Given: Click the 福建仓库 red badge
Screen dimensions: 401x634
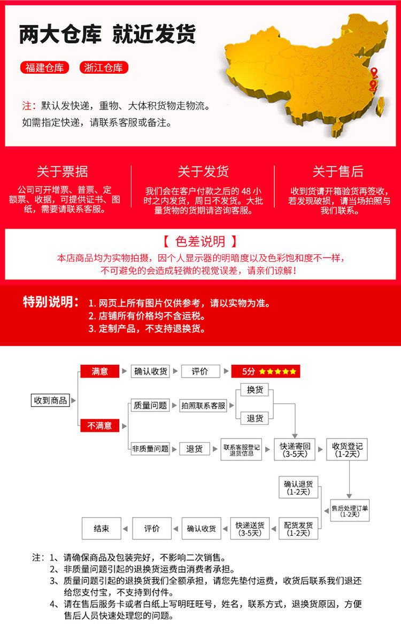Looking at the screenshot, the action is tap(45, 68).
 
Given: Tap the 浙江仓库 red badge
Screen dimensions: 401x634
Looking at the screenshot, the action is tap(104, 68).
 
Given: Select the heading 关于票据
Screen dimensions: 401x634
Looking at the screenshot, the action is tap(63, 171).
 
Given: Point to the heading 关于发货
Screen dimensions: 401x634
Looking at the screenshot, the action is tap(203, 171).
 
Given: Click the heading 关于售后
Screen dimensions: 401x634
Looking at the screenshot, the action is tap(338, 171).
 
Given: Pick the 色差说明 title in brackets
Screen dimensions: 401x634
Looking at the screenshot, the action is tap(200, 241).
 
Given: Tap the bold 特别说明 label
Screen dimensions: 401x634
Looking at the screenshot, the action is tap(51, 302).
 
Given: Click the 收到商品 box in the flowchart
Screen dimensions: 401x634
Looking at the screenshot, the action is tap(51, 400).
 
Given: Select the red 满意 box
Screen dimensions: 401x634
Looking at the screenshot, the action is tap(99, 371).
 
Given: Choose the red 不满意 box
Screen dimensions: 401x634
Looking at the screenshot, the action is tap(99, 426).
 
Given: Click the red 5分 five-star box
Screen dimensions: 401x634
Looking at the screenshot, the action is tap(266, 371).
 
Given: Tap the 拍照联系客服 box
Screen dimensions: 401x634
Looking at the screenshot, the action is tap(203, 405).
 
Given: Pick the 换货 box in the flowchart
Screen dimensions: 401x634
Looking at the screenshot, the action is tap(255, 390).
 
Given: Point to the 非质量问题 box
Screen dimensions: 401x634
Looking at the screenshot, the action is tap(150, 449).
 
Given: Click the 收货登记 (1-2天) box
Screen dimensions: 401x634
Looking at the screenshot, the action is tap(348, 450).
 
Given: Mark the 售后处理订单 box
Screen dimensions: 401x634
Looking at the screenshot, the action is tap(350, 510).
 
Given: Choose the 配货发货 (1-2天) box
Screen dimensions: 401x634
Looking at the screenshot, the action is tap(298, 528).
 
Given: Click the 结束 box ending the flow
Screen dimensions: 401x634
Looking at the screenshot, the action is tap(102, 528).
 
